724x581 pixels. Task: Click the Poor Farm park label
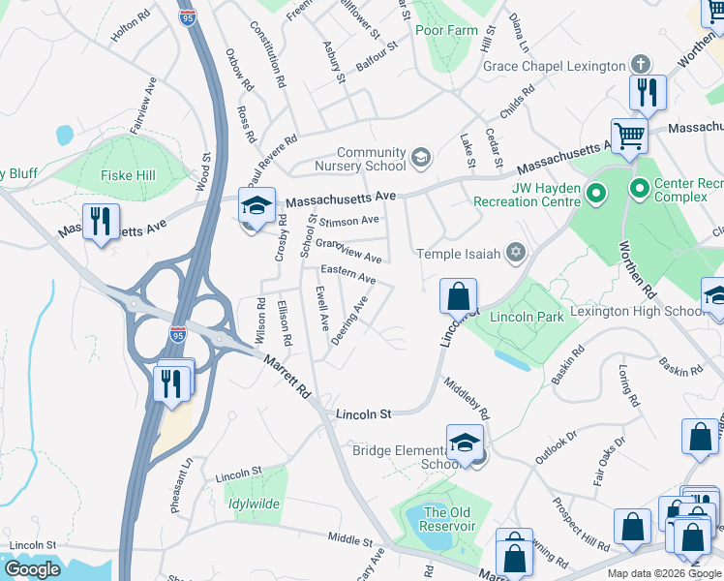click(x=447, y=30)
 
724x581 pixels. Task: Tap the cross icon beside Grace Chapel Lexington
click(x=639, y=65)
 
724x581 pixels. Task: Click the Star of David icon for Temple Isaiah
click(x=516, y=254)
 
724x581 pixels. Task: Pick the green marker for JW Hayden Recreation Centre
click(x=596, y=195)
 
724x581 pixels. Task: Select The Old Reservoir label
click(x=449, y=519)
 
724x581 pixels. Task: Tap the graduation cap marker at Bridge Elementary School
click(x=466, y=442)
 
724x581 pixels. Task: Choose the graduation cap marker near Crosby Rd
click(x=256, y=205)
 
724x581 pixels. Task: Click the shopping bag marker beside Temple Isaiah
click(x=459, y=294)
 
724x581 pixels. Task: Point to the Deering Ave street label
click(x=349, y=321)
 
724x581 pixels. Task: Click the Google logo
click(x=32, y=569)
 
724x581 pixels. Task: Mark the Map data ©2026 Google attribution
click(x=663, y=573)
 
